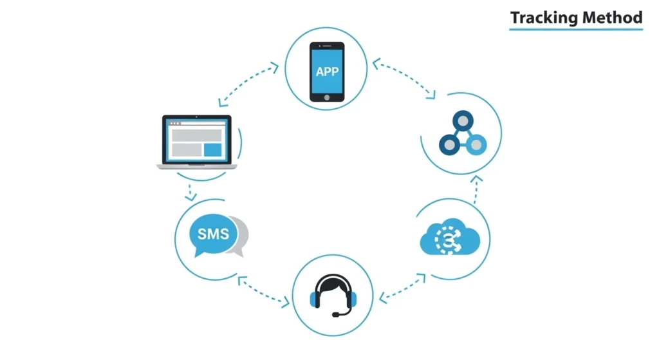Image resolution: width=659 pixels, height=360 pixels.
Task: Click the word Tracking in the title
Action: coord(543,17)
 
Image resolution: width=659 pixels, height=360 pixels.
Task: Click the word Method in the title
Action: coord(612,17)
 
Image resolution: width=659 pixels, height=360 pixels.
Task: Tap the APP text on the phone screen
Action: coord(327,71)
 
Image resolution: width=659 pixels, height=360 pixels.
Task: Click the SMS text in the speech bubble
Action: coord(212,234)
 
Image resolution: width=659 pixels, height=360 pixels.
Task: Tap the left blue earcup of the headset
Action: coord(315,299)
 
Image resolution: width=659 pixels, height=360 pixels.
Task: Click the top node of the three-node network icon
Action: coord(460,120)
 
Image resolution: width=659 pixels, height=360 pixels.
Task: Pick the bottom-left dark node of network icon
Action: coord(447,146)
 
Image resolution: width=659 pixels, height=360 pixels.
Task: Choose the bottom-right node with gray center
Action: coord(475,146)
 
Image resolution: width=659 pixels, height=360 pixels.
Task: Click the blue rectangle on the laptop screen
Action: coord(212,149)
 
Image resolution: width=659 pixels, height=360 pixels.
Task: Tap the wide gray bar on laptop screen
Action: coord(196,135)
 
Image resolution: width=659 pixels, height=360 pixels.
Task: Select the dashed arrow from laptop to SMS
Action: coord(190,191)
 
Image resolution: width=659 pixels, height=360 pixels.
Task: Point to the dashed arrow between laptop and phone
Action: coord(248,83)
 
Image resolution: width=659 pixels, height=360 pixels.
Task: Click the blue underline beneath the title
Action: coord(576,29)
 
